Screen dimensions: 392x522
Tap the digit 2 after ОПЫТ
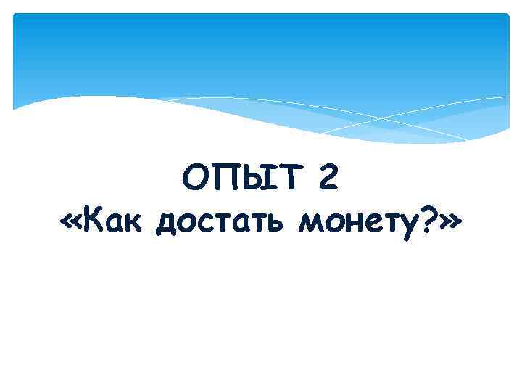(x=327, y=179)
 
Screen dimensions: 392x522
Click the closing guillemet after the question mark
(x=449, y=222)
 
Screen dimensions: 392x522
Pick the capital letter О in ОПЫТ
(x=195, y=179)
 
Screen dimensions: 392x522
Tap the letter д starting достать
(x=167, y=224)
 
